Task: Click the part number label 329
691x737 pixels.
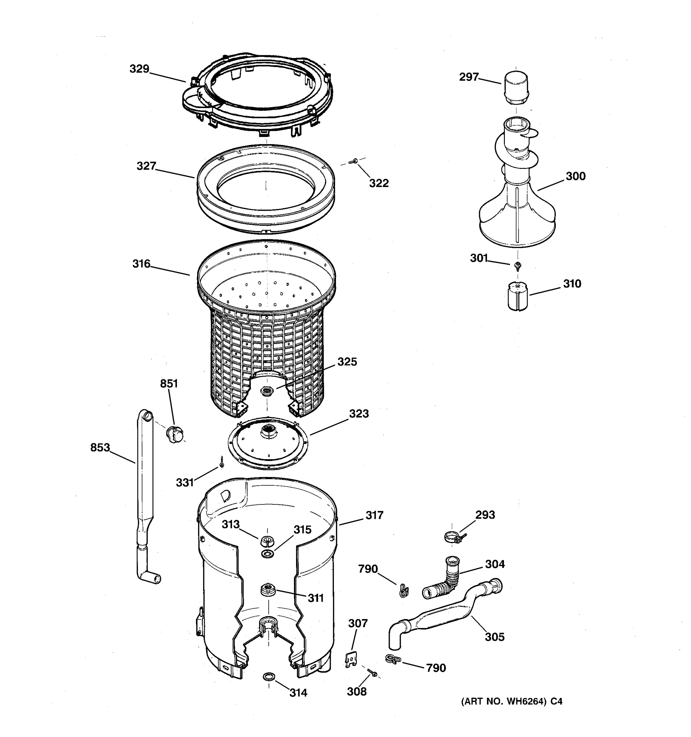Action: point(139,69)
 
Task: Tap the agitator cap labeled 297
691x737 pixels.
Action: point(516,89)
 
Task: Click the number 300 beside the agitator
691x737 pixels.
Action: point(575,176)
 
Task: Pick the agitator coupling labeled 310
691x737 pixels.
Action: point(518,296)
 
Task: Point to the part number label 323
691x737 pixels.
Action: point(358,414)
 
